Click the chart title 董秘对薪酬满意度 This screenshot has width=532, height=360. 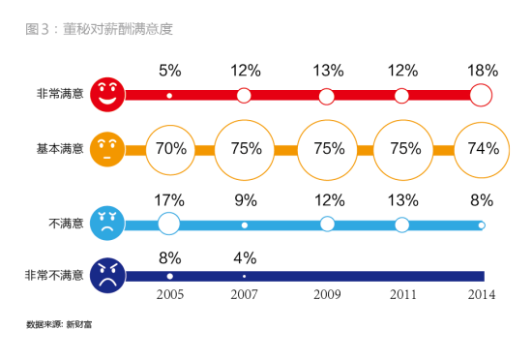[99, 29]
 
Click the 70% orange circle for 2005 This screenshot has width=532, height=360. [170, 149]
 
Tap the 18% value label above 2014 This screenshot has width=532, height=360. [482, 71]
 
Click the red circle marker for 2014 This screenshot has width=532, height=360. [481, 95]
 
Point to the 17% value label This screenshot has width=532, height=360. [170, 201]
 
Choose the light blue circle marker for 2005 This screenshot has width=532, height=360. [169, 225]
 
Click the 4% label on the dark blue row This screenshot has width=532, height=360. [244, 257]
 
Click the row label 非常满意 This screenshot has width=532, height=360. [58, 95]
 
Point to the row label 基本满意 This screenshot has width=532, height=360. [58, 149]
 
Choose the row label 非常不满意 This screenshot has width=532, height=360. [54, 276]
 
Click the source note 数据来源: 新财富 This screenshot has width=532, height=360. [59, 325]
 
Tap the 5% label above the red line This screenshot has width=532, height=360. [170, 71]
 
